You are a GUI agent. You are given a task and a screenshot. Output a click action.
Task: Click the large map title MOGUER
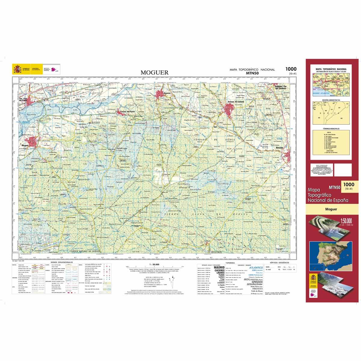[x=155, y=73]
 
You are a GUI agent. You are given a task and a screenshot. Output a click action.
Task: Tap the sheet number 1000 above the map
[x=291, y=69]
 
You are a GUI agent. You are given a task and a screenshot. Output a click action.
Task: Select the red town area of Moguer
[x=31, y=142]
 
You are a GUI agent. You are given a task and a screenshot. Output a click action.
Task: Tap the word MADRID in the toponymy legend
[x=219, y=267]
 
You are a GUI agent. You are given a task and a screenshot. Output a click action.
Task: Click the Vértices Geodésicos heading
[x=279, y=263]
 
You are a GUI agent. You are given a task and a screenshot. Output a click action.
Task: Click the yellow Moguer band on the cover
[x=331, y=209]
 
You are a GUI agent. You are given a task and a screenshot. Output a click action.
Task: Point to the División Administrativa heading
[x=331, y=100]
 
